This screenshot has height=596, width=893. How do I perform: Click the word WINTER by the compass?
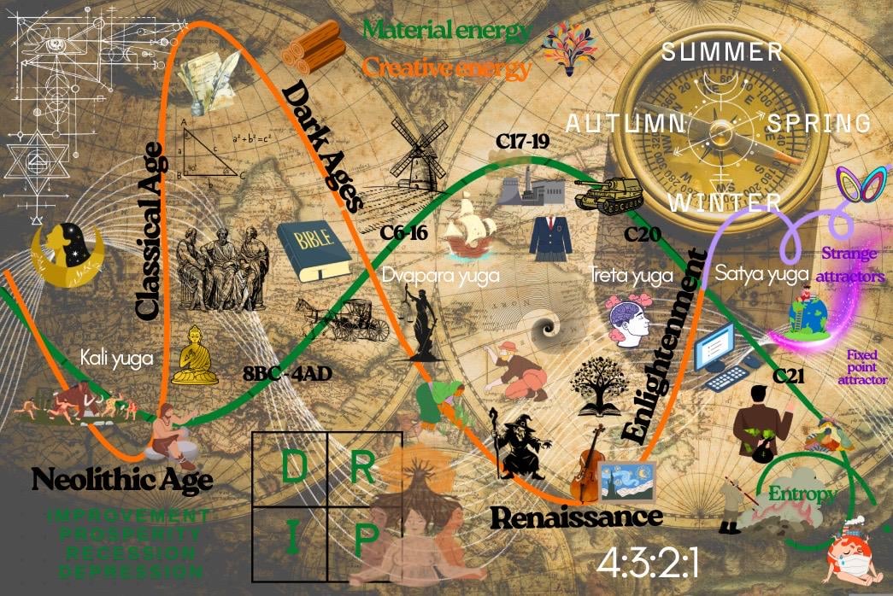(725, 203)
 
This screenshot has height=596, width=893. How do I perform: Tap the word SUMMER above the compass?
(723, 51)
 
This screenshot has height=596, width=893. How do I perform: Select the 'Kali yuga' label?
(118, 358)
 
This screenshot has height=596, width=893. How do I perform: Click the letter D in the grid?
(295, 466)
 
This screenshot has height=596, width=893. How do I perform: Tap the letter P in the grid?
(365, 540)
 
